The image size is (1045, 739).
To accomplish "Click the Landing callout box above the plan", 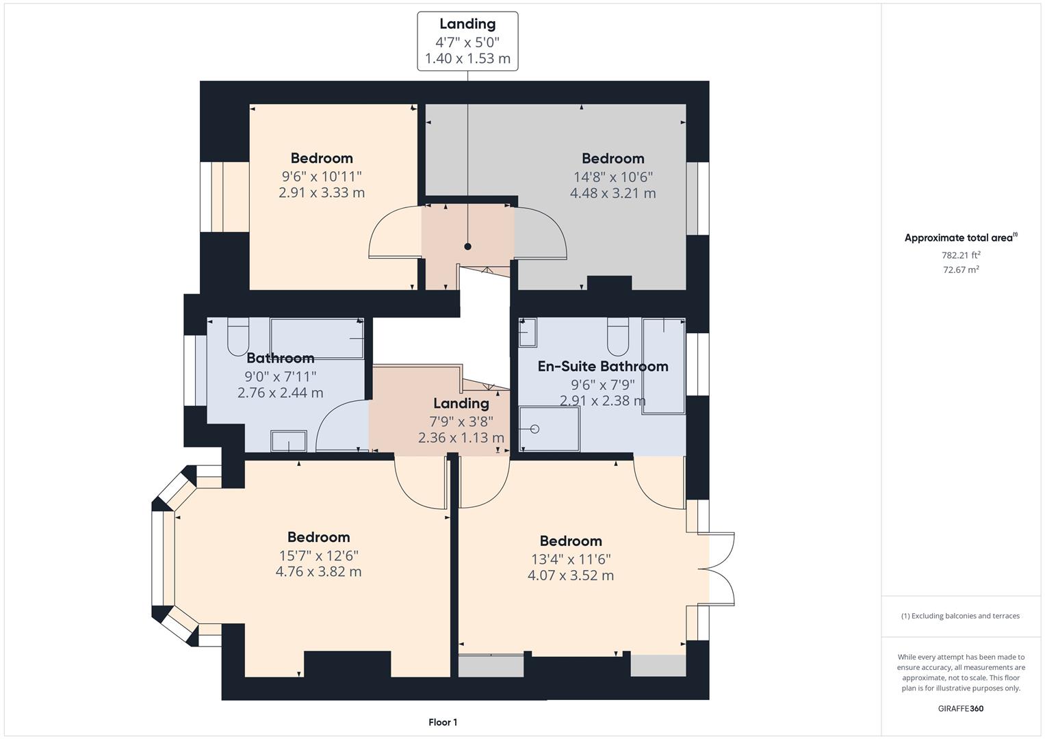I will [x=467, y=41].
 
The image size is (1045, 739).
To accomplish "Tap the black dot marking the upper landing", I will [x=468, y=246].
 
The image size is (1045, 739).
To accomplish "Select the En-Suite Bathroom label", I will [x=602, y=366].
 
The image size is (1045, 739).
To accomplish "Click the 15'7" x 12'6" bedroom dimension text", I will [x=318, y=555].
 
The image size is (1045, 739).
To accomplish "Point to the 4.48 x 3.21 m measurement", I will [x=612, y=193].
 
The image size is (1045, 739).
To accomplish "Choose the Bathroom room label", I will [x=280, y=358].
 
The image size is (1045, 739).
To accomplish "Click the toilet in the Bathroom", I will [x=238, y=335].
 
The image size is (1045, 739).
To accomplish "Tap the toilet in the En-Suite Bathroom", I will [x=618, y=333].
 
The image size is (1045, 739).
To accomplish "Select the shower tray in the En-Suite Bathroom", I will [x=550, y=429].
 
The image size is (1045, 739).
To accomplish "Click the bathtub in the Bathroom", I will [x=316, y=338].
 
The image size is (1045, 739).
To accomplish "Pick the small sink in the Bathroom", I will [x=289, y=441].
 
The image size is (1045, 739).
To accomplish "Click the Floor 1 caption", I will [x=443, y=722].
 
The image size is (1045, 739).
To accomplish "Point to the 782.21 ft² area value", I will [x=960, y=255].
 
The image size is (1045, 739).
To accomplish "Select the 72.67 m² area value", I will [x=960, y=270].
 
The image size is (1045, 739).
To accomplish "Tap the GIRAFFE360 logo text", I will [x=960, y=708].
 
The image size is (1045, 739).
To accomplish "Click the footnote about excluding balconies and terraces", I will [x=960, y=616].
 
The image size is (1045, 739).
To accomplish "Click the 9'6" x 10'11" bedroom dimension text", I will [x=322, y=176].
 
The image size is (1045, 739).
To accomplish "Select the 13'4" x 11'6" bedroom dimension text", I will [x=571, y=558].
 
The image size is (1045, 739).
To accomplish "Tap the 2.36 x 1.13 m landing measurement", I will [x=461, y=437].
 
